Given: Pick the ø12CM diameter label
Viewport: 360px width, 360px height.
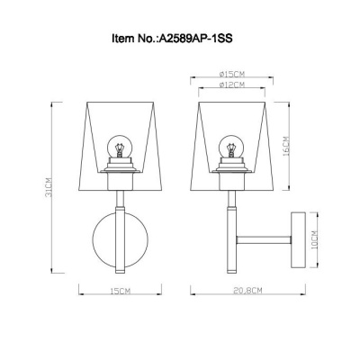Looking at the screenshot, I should click(x=235, y=85).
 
